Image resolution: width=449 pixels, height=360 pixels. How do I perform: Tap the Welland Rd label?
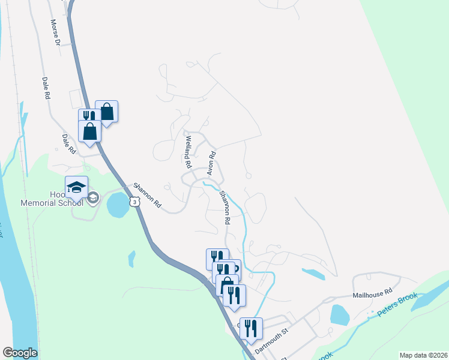click(188, 152)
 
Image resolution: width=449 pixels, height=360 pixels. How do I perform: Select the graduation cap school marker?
click(77, 187)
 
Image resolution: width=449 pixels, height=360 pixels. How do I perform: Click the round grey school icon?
click(93, 199)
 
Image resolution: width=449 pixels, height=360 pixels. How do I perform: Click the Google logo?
click(20, 352)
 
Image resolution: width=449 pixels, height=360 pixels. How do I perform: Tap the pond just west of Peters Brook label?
click(339, 314)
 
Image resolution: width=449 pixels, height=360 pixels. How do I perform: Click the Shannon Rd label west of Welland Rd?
click(147, 195)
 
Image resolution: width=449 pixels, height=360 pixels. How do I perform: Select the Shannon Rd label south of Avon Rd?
click(224, 208)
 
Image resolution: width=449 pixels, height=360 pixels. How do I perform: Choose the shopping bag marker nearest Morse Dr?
click(106, 112)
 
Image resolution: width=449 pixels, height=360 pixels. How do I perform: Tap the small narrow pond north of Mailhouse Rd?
click(313, 274)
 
